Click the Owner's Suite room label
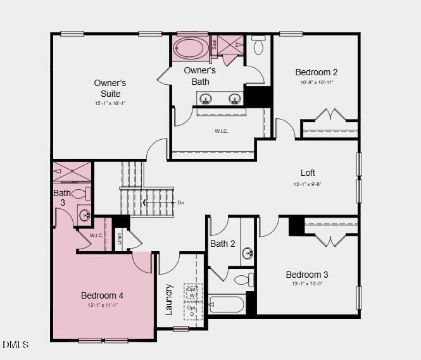[x=110, y=89]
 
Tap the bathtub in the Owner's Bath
[x=191, y=48]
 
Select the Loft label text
[x=308, y=173]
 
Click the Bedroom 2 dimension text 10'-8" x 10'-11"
[x=317, y=82]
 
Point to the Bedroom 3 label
[x=307, y=275]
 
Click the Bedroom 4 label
[x=102, y=295]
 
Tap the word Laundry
[x=169, y=299]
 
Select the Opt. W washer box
[x=191, y=292]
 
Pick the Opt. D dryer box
[x=191, y=311]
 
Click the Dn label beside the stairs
[x=180, y=202]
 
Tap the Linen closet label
[x=119, y=239]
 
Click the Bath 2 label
[x=223, y=244]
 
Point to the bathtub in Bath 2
[x=227, y=304]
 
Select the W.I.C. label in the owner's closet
[x=221, y=131]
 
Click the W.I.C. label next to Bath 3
[x=96, y=236]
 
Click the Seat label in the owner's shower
[x=214, y=46]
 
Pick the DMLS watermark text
[x=16, y=344]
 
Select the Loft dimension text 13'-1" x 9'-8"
[x=308, y=184]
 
